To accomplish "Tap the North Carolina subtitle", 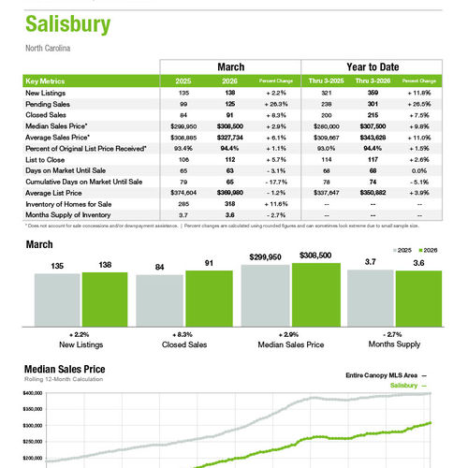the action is (48, 48).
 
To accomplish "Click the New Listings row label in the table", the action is (46, 94).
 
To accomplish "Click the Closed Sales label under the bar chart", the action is (184, 344).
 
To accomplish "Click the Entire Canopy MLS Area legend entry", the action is (380, 374).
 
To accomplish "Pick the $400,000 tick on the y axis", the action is (33, 394).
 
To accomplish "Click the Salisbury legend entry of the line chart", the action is (403, 385).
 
